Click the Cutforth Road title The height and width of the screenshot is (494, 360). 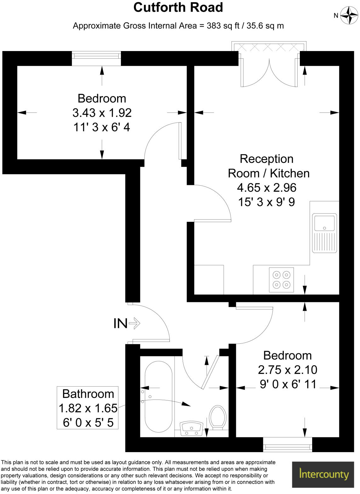(x=178, y=8)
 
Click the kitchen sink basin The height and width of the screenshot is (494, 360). (x=324, y=223)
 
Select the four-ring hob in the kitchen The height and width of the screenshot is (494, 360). (x=281, y=280)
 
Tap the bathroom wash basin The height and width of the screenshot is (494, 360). (x=191, y=428)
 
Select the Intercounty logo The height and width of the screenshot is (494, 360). (x=324, y=474)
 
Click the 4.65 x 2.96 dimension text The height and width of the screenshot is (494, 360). (x=266, y=188)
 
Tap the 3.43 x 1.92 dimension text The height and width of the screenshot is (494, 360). (x=102, y=113)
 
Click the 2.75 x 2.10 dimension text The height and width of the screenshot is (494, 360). (x=287, y=370)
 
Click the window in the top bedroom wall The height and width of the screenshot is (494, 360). (x=96, y=59)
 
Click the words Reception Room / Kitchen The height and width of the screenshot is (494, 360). (x=268, y=166)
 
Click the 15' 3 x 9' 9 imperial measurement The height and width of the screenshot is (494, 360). (x=266, y=202)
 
